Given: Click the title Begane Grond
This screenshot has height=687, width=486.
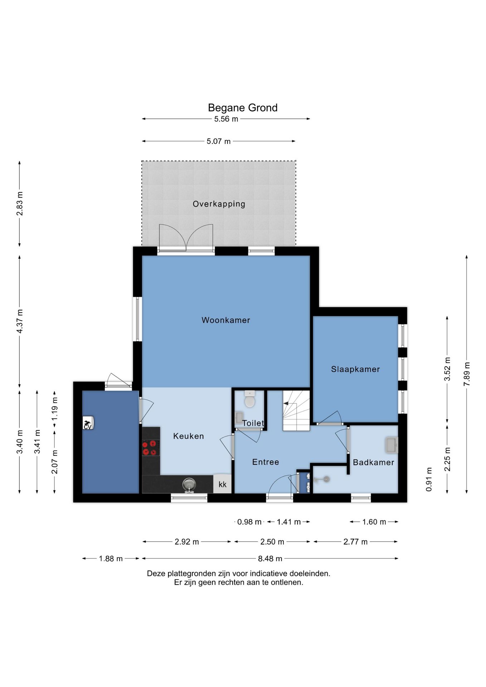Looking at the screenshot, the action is point(243,108).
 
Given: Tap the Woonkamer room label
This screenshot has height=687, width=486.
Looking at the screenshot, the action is point(226,320).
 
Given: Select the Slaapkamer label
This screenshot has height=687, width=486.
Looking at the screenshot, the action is point(355,369).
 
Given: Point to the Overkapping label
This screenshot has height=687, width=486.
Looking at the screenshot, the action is point(219,204).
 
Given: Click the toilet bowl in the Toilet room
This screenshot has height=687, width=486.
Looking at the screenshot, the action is point(250,399).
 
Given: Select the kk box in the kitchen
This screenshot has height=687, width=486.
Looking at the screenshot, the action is point(222,484).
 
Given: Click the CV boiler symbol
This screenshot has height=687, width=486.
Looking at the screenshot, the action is point(88,423).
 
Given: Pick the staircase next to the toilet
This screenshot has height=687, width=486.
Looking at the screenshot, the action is point(296,410).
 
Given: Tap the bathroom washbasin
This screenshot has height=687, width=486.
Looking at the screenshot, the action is point(392,445).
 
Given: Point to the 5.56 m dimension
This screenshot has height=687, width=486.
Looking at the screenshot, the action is point(226,119).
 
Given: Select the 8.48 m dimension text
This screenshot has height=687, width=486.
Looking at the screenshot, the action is point(270,558).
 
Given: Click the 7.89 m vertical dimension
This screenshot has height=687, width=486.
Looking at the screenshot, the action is point(467,374).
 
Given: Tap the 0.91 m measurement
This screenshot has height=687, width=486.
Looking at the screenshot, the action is point(429,479).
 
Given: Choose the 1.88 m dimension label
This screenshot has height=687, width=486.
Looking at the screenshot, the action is point(111,558).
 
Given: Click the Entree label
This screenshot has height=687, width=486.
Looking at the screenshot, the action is point(266,462).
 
